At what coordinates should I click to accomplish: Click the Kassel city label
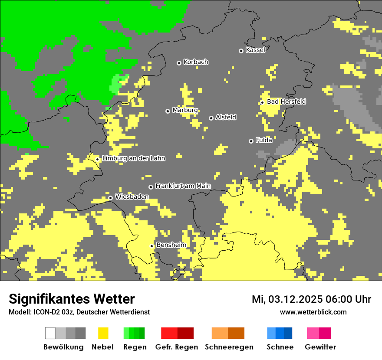tap(255, 50)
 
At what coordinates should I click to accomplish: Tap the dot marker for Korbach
tap(179, 63)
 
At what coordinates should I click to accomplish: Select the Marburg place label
tap(185, 110)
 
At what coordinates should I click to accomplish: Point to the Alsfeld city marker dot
tap(211, 118)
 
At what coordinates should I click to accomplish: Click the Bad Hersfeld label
tap(286, 101)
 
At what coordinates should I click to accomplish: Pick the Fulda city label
tap(264, 140)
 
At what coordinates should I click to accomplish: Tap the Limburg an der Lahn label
tap(133, 158)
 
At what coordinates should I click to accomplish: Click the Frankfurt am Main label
tap(183, 186)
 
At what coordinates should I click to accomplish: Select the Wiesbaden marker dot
tap(111, 198)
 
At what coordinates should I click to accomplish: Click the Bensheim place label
tap(171, 245)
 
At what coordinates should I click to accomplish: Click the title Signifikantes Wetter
tap(72, 299)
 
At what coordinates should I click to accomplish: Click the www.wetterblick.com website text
tap(313, 312)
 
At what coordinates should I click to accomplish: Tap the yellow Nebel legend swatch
tap(103, 333)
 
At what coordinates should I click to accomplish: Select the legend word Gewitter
tap(320, 347)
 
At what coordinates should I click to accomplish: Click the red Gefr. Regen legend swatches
tap(177, 333)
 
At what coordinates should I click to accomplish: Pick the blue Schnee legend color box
tap(280, 333)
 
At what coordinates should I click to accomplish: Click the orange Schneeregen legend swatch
tap(228, 333)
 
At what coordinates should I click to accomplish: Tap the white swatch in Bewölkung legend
tap(50, 333)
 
